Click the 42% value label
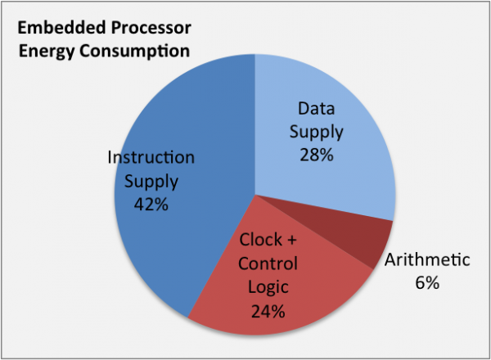(x=151, y=205)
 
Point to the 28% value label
(x=317, y=155)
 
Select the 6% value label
(x=427, y=282)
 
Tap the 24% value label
(x=268, y=311)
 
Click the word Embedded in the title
(x=61, y=28)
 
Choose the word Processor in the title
(x=151, y=28)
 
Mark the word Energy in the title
(x=47, y=52)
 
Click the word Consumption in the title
(x=135, y=51)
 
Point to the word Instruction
(x=151, y=157)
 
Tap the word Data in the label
(x=316, y=108)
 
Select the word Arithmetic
(x=427, y=259)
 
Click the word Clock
(x=261, y=240)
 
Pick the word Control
(x=268, y=263)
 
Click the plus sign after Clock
(x=291, y=241)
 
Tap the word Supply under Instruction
(x=151, y=182)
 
